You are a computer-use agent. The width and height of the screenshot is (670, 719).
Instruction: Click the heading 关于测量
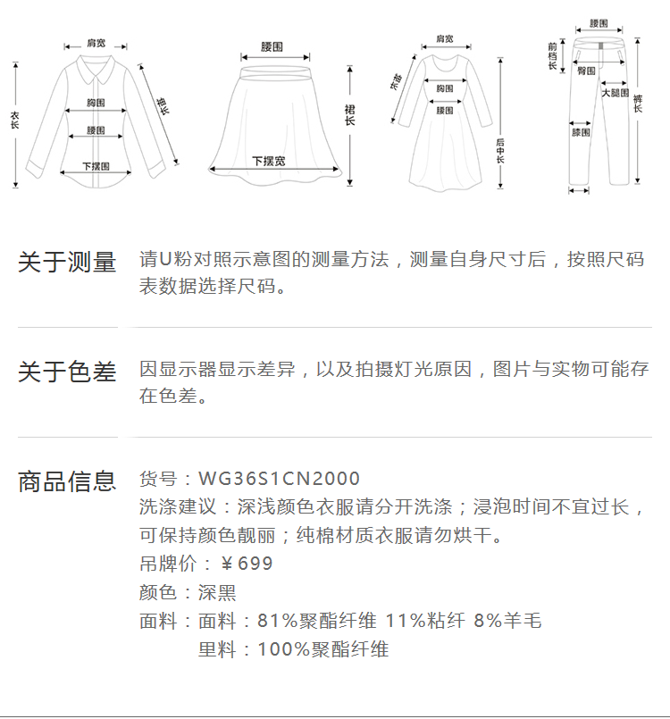(67, 262)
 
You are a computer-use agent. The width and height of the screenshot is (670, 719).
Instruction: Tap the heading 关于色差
(67, 372)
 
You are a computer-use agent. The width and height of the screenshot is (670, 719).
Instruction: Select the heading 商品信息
(67, 481)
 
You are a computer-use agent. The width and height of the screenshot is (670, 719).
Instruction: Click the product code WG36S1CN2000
(279, 480)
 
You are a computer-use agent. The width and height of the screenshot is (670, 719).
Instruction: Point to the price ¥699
(247, 564)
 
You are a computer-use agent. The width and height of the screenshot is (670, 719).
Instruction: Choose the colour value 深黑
(217, 592)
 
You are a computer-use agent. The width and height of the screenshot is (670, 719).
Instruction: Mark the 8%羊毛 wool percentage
(507, 621)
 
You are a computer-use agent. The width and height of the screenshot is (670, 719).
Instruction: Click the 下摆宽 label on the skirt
(269, 161)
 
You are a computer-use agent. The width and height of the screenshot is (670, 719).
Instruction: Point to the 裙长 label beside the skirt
(349, 114)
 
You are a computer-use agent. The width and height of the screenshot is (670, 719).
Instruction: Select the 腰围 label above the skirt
(272, 46)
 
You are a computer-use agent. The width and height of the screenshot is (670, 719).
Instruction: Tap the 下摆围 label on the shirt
(96, 165)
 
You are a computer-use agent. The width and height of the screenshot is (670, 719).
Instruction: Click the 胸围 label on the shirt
(96, 104)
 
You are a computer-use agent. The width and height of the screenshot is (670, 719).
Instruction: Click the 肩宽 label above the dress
(444, 38)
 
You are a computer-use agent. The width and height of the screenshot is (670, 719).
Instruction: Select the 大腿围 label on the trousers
(615, 92)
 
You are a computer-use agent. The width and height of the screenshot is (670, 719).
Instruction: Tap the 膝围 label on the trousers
(581, 132)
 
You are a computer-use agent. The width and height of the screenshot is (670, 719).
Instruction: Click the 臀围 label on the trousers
(586, 70)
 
